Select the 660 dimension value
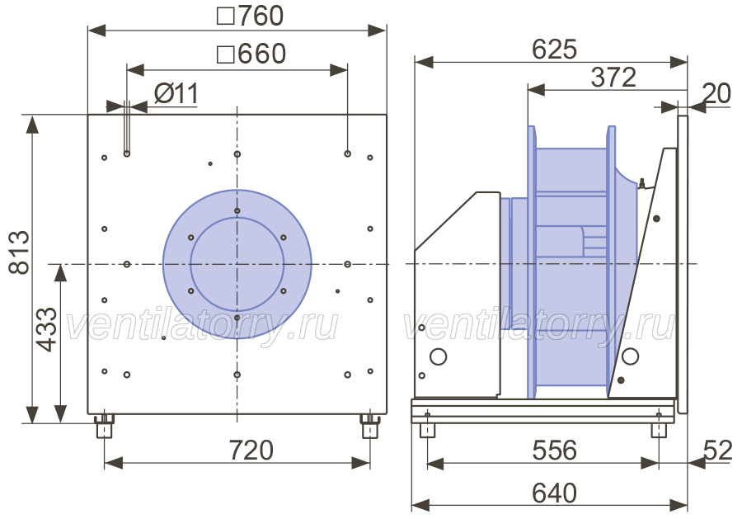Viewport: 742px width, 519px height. coord(251,53)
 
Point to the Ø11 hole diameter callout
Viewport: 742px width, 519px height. coord(176,93)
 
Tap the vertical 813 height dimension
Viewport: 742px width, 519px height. coord(20,252)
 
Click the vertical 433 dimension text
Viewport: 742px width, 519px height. coord(47,329)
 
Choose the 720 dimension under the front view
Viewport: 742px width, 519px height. coord(251,450)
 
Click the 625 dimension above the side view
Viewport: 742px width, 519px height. coord(555,49)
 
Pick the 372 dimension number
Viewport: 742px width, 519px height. coord(613,78)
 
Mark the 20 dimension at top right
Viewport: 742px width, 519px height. coord(716,93)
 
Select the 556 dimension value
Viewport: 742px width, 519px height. coord(555,451)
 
